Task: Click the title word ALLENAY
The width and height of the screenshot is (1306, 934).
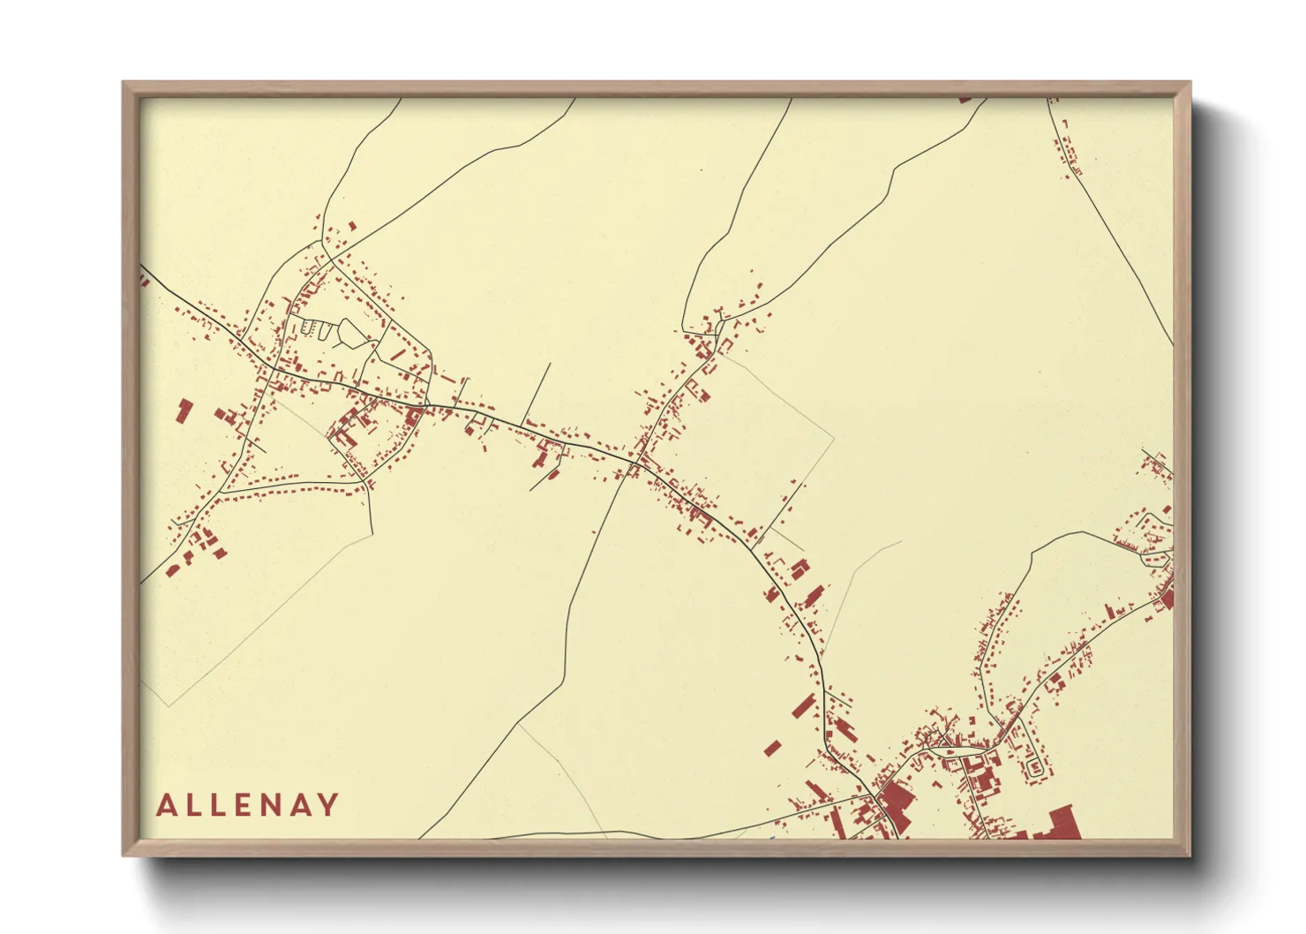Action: tap(248, 805)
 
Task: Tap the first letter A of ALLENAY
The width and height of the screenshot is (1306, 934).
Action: tap(166, 805)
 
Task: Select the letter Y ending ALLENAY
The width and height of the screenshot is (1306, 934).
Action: tap(328, 805)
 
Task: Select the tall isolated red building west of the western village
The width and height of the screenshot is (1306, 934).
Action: tap(184, 411)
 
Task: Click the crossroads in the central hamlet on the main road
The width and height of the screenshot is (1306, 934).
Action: tap(635, 461)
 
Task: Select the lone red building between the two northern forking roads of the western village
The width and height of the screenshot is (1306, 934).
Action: tap(351, 226)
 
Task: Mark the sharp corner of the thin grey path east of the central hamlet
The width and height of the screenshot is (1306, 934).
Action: tap(833, 434)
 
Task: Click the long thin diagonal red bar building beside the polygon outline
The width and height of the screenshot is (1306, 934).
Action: tap(397, 354)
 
